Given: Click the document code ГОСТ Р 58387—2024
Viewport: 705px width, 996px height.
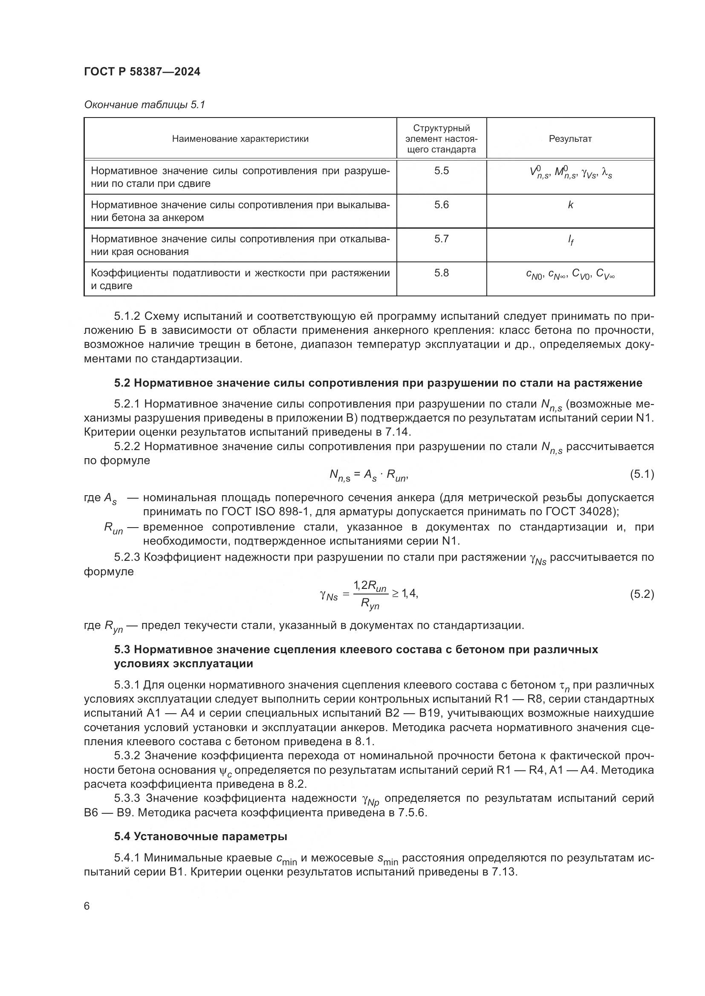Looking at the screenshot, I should click(142, 72).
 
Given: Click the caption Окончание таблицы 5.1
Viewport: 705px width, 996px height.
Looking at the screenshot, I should click(144, 105).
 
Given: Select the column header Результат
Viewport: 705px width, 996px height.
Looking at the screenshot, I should click(570, 139).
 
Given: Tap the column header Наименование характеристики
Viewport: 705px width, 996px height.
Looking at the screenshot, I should click(240, 139).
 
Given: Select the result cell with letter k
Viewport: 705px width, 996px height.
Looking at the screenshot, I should click(570, 205).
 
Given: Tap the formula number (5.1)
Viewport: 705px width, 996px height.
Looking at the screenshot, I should click(641, 474).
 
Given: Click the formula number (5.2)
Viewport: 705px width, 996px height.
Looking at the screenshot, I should click(641, 594).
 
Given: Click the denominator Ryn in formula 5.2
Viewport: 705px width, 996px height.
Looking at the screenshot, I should click(370, 604).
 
